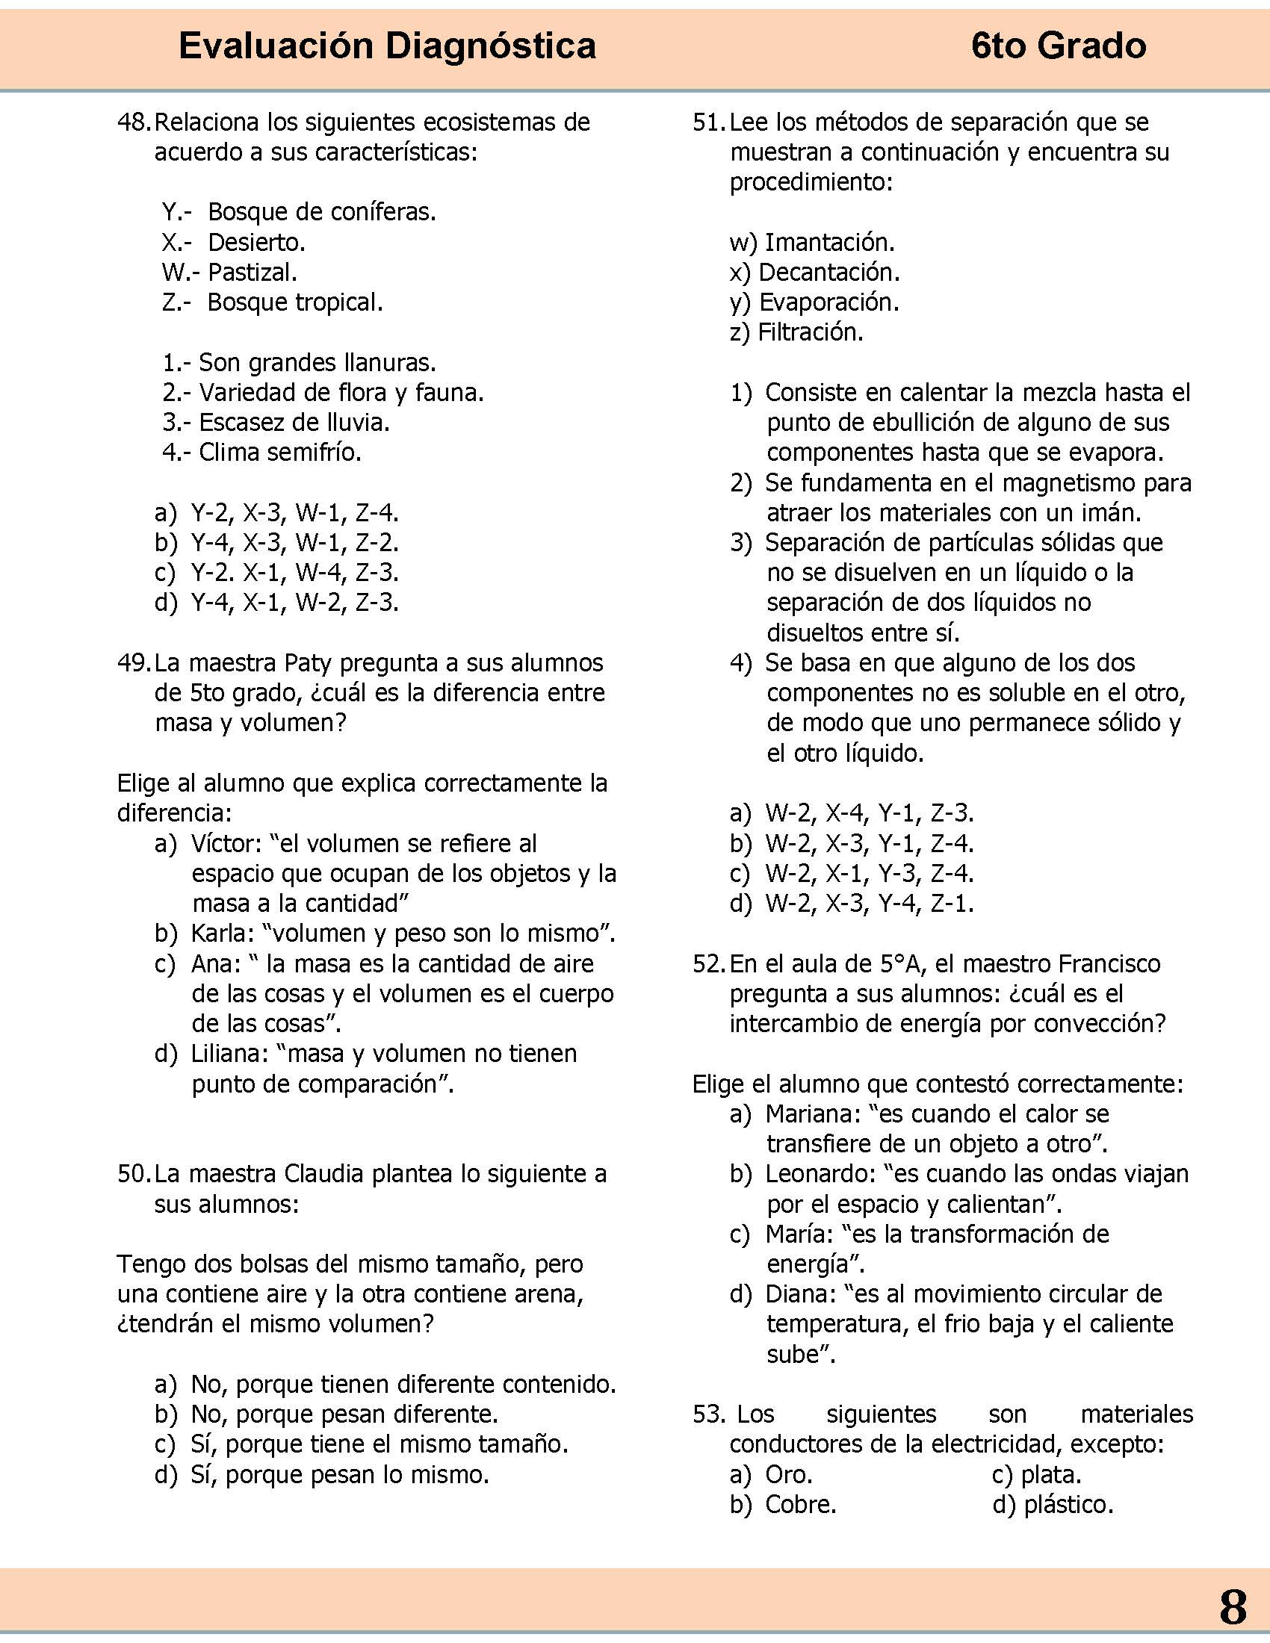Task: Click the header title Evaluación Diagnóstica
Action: pos(388,46)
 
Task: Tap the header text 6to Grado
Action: pos(1059,46)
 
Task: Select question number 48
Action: pos(134,122)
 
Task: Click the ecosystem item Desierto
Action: pos(255,242)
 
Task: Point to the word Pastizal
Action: pos(252,273)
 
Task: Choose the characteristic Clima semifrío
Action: pos(280,453)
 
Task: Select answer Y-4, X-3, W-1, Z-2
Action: pos(294,543)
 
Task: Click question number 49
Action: pos(134,662)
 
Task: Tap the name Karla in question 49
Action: pos(221,934)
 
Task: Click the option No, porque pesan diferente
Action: pos(344,1414)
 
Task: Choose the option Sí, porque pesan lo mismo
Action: pos(339,1474)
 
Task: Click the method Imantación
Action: pos(829,242)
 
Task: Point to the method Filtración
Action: pos(811,332)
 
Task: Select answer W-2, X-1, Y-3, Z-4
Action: pos(869,874)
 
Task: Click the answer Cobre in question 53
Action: pos(801,1505)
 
